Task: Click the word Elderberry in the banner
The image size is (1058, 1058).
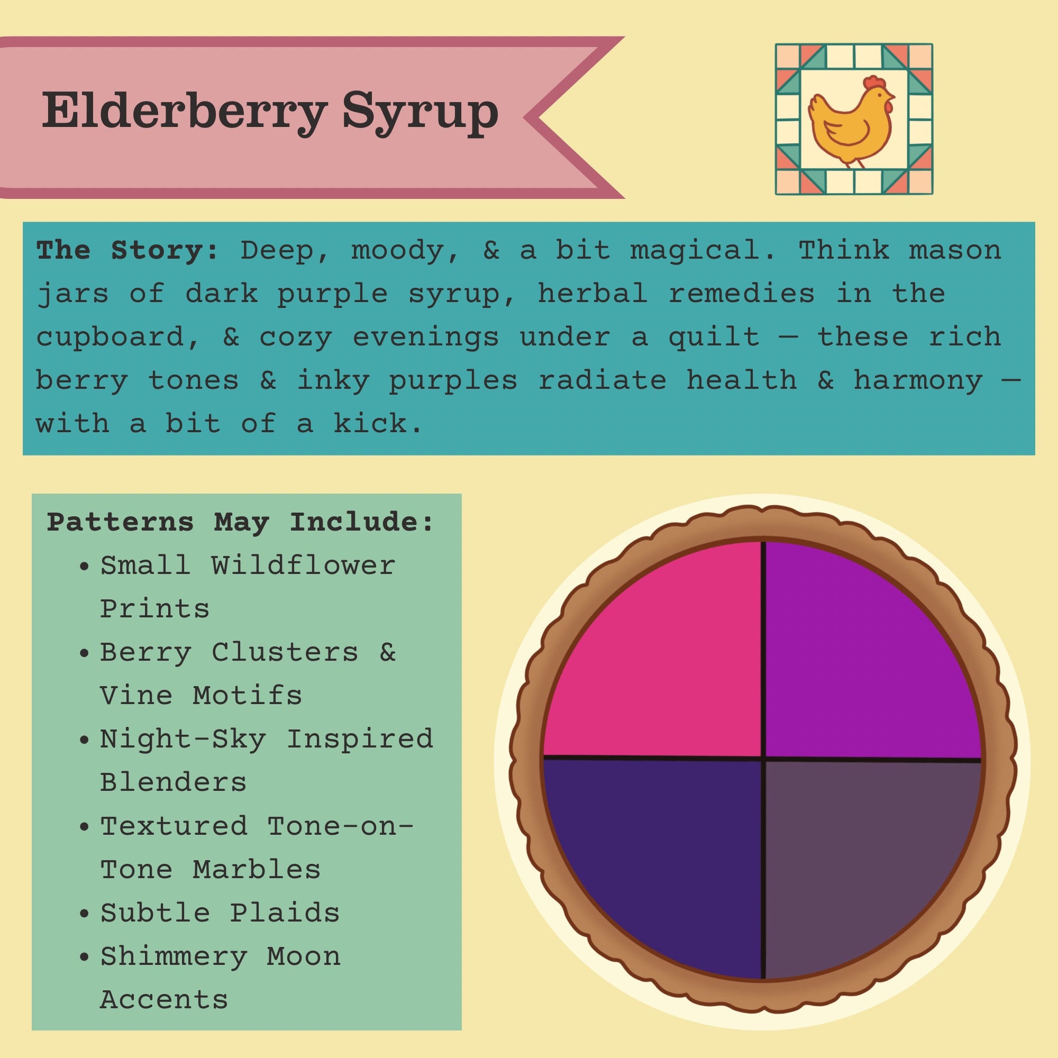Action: (185, 112)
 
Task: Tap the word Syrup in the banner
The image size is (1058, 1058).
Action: (421, 113)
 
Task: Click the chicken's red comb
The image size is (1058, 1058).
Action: (874, 82)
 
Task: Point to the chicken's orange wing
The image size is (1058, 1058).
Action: (846, 132)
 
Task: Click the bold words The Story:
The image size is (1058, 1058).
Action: (127, 250)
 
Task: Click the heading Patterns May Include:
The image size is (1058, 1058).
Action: (240, 522)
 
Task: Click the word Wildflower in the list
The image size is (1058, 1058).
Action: (303, 564)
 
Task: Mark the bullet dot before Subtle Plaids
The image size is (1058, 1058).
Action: (84, 914)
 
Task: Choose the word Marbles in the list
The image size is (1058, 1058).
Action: (256, 870)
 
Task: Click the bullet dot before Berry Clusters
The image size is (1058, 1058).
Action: (84, 653)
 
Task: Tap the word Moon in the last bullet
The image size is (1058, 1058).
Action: (303, 956)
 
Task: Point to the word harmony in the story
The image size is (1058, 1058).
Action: (918, 380)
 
